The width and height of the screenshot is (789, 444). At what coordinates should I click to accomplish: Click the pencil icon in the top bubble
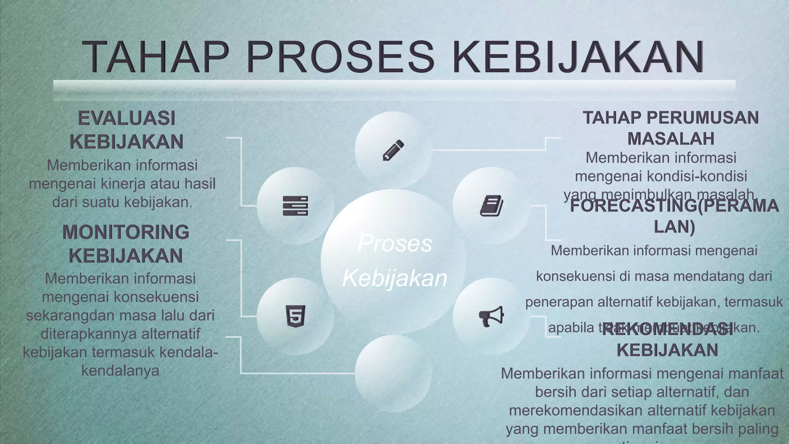click(393, 150)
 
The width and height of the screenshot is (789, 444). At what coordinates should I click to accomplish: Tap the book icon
click(491, 205)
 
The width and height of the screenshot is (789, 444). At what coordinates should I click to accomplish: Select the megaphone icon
click(491, 316)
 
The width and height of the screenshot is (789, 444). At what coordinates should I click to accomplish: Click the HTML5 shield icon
click(295, 316)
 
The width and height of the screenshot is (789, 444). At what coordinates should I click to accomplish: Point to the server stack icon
click(295, 205)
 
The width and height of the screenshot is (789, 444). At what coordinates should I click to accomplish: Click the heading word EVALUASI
click(126, 118)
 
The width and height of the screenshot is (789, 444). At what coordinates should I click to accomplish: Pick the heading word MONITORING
click(126, 232)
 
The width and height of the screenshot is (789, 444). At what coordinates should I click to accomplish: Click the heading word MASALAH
click(671, 139)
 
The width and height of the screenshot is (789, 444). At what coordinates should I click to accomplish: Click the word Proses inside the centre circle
click(395, 244)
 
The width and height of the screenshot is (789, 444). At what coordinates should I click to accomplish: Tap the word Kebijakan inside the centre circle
click(394, 278)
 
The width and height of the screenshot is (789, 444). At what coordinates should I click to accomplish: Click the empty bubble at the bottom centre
click(393, 373)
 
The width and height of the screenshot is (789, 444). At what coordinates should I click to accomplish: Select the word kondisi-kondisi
click(697, 176)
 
